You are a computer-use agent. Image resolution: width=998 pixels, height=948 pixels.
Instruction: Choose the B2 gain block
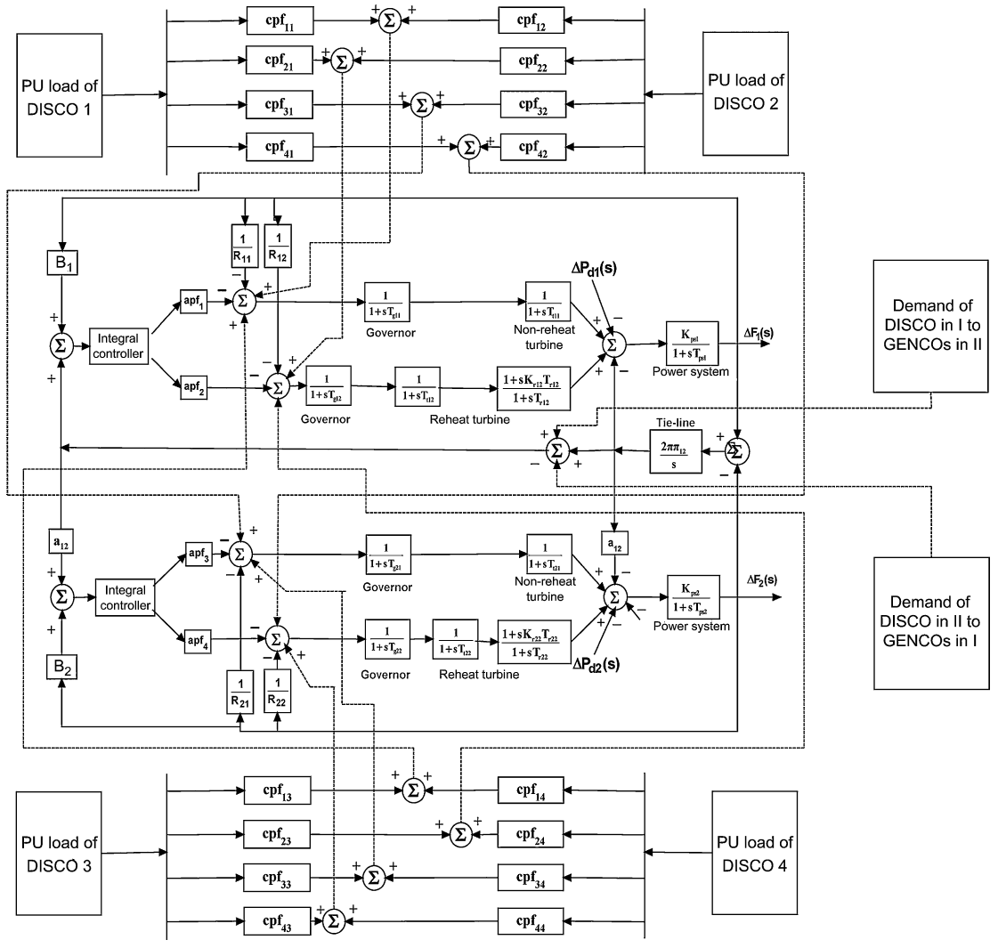point(61,665)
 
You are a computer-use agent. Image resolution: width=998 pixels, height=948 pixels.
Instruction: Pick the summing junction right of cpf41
point(467,148)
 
